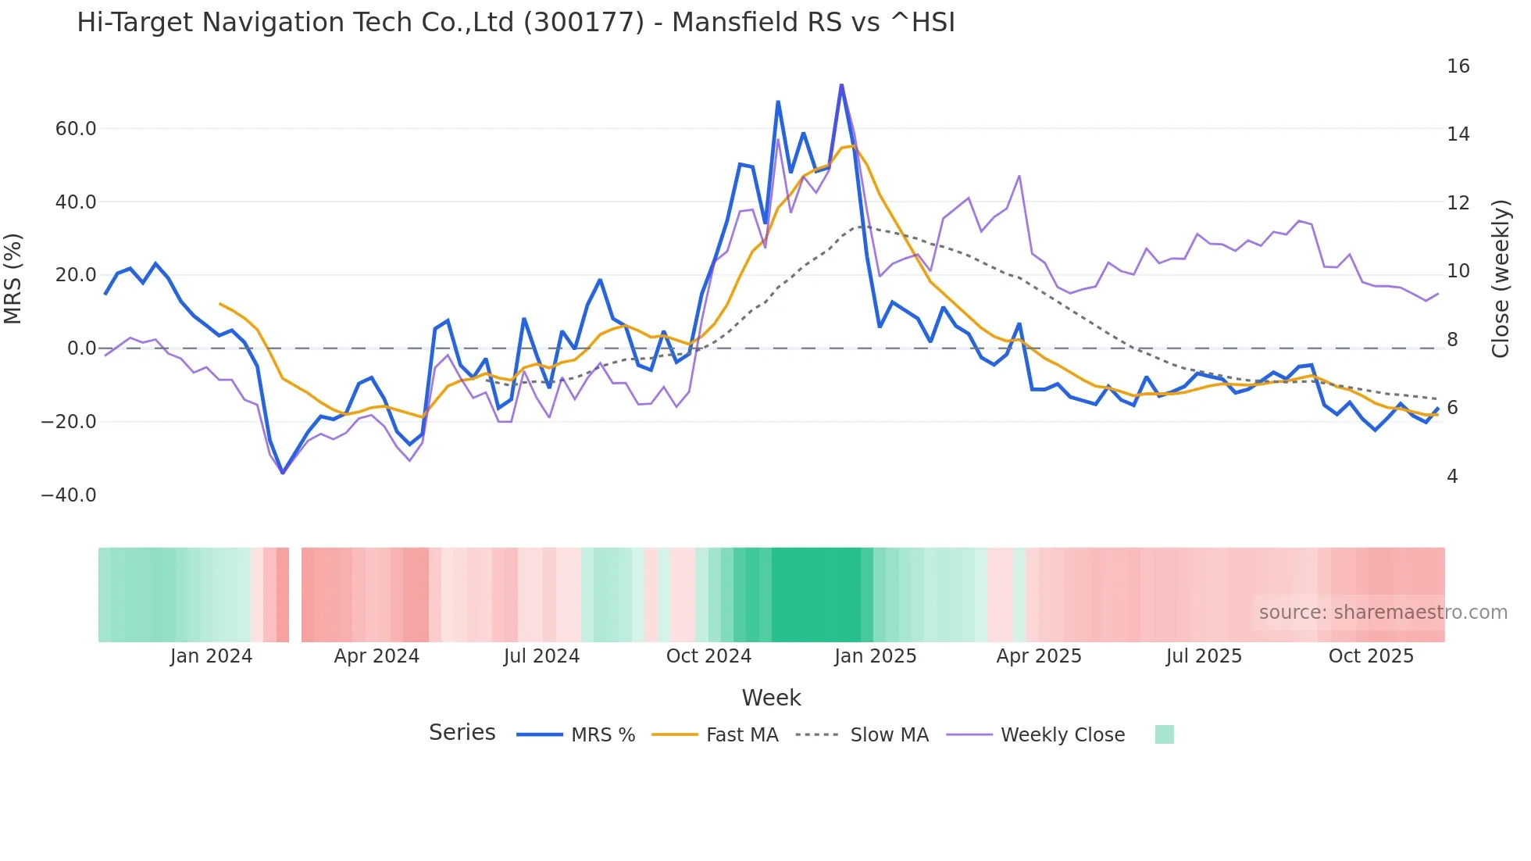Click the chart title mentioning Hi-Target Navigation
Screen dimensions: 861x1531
pyautogui.click(x=516, y=23)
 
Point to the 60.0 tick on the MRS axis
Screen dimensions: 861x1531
pyautogui.click(x=76, y=129)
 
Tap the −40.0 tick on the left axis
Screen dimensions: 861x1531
pyautogui.click(x=69, y=495)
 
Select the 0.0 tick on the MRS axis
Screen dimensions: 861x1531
pyautogui.click(x=82, y=348)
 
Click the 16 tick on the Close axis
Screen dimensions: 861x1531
pyautogui.click(x=1458, y=66)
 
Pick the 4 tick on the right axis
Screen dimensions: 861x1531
pyautogui.click(x=1452, y=477)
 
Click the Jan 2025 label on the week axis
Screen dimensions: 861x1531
pyautogui.click(x=875, y=656)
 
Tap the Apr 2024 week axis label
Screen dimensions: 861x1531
pyautogui.click(x=377, y=656)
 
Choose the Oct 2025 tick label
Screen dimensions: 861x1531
pyautogui.click(x=1371, y=656)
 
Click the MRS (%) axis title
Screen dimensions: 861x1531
pyautogui.click(x=13, y=279)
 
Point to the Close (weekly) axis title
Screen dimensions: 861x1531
pyautogui.click(x=1501, y=279)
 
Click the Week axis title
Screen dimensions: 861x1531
pyautogui.click(x=771, y=698)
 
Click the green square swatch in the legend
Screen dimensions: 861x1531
pyautogui.click(x=1164, y=734)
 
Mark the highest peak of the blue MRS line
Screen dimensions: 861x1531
pyautogui.click(x=841, y=84)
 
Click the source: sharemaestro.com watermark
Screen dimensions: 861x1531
pyautogui.click(x=1383, y=613)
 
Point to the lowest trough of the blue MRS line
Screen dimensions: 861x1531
pyautogui.click(x=283, y=473)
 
